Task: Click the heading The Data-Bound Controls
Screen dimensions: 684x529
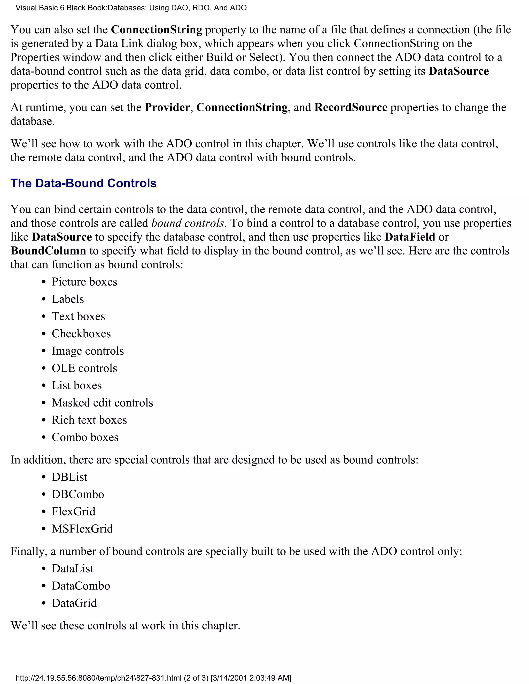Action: tap(83, 183)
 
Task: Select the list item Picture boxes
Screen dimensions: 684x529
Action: tap(84, 282)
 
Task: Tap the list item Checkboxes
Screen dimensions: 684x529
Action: tap(81, 333)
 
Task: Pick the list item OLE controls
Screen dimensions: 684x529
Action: tap(84, 368)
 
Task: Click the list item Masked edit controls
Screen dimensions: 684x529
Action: tap(102, 402)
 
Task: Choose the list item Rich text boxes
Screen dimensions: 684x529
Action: tap(89, 420)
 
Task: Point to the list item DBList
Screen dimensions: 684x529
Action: tap(69, 477)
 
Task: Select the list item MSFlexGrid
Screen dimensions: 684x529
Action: tap(82, 529)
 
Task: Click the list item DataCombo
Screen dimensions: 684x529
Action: tap(81, 586)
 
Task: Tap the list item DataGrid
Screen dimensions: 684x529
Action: tap(74, 603)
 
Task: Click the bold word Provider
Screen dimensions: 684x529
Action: tap(167, 107)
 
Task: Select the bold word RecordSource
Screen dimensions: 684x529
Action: tap(351, 107)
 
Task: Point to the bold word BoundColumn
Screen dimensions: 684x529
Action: tap(48, 251)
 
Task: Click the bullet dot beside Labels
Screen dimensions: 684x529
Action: tap(44, 299)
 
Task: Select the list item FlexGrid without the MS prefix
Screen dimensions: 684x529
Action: tap(73, 511)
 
